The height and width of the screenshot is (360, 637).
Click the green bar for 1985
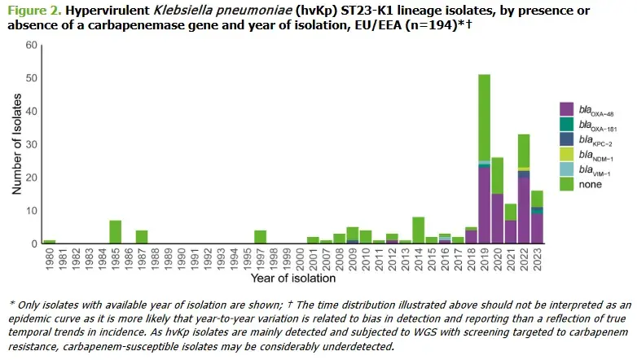(x=116, y=231)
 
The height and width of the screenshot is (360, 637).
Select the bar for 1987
(x=142, y=237)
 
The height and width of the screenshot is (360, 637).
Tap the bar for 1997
(x=261, y=237)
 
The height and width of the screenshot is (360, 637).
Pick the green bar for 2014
(x=419, y=230)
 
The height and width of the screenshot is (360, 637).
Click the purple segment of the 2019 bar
(x=484, y=205)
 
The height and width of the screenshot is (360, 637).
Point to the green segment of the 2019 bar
(x=484, y=117)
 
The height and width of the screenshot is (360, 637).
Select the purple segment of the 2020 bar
(x=498, y=218)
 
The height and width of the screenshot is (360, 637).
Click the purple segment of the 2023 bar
(x=537, y=228)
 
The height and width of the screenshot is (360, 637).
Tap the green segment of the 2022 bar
(x=524, y=151)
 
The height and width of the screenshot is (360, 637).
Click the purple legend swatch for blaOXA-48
(x=566, y=109)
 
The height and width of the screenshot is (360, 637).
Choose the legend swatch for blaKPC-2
(x=566, y=139)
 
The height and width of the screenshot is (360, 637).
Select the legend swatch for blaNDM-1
(x=566, y=154)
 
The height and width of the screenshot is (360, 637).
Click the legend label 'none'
(x=591, y=184)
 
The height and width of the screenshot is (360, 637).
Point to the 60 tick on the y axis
(x=31, y=45)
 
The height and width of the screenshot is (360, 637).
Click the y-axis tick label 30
(x=31, y=144)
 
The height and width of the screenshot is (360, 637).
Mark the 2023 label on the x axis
(x=538, y=259)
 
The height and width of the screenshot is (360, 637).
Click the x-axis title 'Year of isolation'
(x=293, y=279)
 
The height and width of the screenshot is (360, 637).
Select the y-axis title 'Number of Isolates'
(x=16, y=144)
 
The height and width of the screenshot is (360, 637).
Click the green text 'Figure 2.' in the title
(x=34, y=10)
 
